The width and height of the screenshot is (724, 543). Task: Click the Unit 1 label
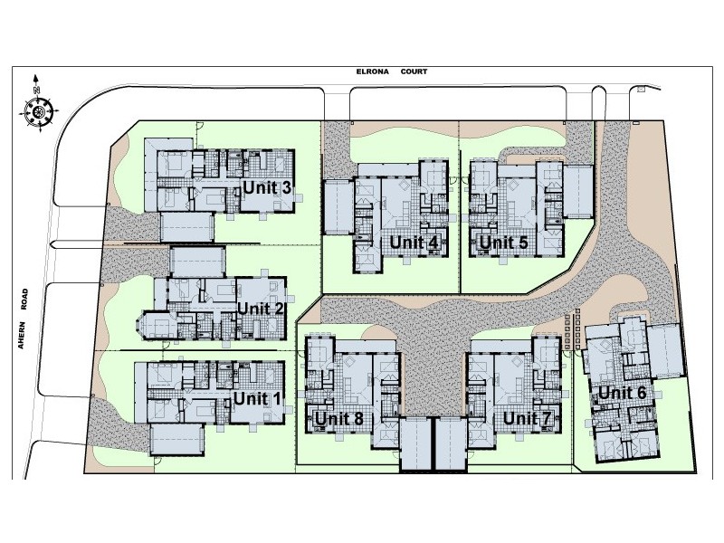click(257, 398)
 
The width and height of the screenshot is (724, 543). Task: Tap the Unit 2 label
click(260, 309)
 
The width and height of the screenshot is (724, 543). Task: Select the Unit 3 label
click(267, 188)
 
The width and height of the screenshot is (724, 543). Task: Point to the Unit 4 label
click(414, 243)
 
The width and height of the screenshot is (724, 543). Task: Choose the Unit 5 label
click(503, 243)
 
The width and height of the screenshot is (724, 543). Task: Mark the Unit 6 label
click(622, 393)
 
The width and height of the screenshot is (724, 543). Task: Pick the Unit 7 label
click(527, 419)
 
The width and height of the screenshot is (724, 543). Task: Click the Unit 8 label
click(338, 419)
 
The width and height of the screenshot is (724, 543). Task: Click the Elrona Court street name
click(392, 71)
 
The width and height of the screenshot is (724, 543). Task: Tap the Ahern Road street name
click(24, 319)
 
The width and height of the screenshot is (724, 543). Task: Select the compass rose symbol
click(39, 110)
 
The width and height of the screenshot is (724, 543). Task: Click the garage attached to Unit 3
click(187, 227)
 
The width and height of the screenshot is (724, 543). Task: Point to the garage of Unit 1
click(176, 440)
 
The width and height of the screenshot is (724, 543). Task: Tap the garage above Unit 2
click(197, 262)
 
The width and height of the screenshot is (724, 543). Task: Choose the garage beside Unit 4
click(338, 206)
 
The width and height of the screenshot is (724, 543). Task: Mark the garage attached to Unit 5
click(577, 192)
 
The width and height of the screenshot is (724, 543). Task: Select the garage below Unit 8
click(416, 444)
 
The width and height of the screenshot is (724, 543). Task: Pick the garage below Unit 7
click(451, 444)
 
